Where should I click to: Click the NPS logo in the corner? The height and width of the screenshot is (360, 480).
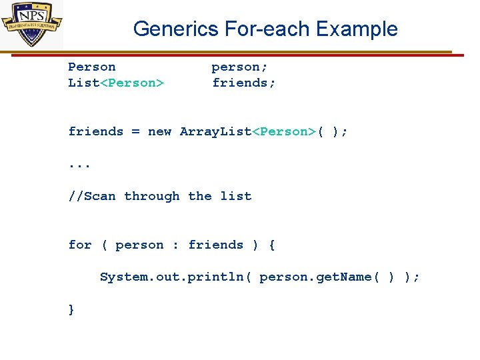tap(31, 25)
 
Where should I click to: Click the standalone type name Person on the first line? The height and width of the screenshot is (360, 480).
tap(92, 67)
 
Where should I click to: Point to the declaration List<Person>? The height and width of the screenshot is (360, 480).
tap(116, 83)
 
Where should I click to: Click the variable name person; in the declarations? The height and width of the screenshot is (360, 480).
tap(240, 67)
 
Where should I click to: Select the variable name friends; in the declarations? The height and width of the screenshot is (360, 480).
tap(244, 83)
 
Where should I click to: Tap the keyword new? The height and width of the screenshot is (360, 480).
tap(160, 131)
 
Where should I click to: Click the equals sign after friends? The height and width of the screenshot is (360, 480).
tap(135, 131)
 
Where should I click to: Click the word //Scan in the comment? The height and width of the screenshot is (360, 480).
tap(92, 196)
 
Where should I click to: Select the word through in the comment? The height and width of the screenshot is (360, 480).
tap(152, 196)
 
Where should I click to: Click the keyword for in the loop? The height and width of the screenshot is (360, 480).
tap(80, 245)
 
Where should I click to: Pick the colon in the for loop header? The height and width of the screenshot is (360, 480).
tap(175, 245)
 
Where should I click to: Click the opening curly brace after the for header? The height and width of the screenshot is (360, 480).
tap(272, 245)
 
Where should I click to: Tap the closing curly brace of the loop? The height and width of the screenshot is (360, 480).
tap(71, 309)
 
